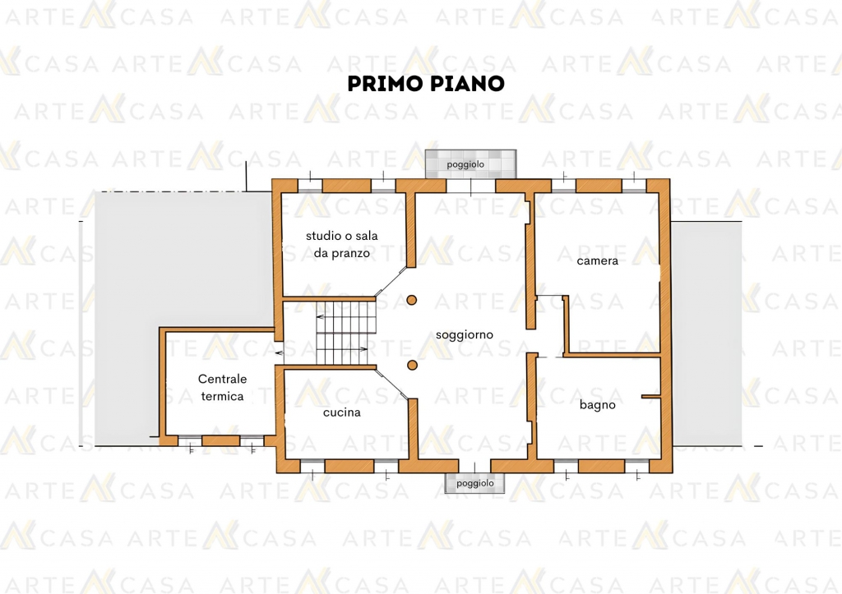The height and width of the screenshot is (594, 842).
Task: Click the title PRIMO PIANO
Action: (x=425, y=84)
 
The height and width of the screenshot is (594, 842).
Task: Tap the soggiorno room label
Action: (x=465, y=334)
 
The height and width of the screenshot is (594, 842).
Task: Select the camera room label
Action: (x=597, y=260)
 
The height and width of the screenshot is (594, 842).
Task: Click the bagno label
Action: (x=597, y=404)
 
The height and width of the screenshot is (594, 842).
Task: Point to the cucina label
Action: (x=341, y=412)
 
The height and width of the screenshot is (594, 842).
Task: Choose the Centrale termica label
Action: (x=222, y=387)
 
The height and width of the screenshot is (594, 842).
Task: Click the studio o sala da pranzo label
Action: (x=341, y=244)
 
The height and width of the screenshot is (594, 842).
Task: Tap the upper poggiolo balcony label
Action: (x=465, y=164)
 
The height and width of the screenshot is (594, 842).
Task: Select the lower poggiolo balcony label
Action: (x=475, y=483)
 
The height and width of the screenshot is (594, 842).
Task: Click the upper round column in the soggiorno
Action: (x=412, y=300)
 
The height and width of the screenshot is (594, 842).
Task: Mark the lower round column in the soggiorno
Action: (x=412, y=366)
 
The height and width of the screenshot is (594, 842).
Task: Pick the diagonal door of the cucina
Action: (x=391, y=385)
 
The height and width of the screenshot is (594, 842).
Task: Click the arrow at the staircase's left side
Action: (x=280, y=352)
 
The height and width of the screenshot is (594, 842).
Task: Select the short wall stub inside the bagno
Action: (x=650, y=397)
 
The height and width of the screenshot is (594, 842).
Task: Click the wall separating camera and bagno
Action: (x=613, y=355)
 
